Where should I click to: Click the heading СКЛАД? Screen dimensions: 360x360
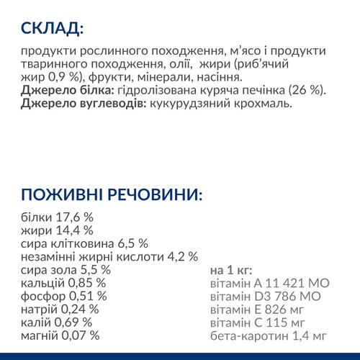tap(52, 28)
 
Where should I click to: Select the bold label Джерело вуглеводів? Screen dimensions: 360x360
tap(81, 104)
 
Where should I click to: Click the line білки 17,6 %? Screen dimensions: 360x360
tap(58, 217)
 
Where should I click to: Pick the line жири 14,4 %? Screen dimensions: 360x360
tap(57, 230)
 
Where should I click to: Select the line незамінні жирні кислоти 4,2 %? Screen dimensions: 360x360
tap(109, 256)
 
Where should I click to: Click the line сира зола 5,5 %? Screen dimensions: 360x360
tap(66, 270)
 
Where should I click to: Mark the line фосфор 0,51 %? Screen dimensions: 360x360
tap(64, 296)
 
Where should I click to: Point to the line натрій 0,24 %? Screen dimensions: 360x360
tap(60, 309)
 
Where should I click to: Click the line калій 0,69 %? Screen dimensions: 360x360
tap(57, 322)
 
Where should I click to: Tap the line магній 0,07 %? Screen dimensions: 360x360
tap(60, 335)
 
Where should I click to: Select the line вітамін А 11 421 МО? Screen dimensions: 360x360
tap(269, 283)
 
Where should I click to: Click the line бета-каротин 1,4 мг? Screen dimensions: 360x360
tap(268, 335)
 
